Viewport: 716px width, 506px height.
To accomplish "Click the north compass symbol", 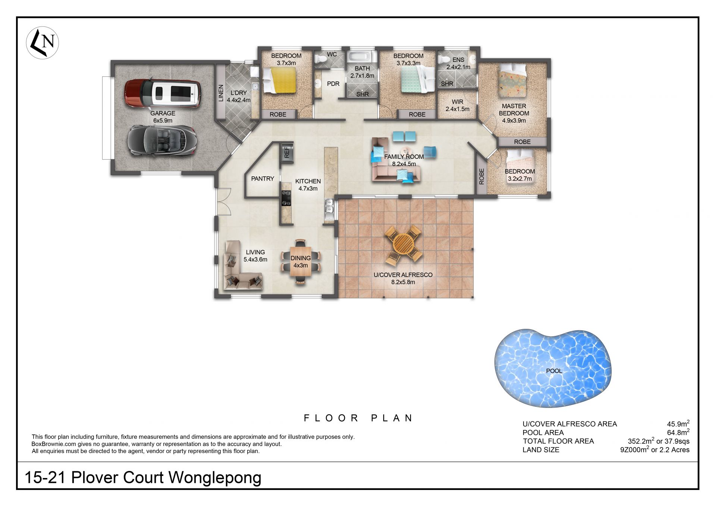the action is [x=43, y=43].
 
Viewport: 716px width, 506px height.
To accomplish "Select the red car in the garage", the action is [x=162, y=93].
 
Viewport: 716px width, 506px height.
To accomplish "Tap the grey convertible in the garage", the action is [x=161, y=142].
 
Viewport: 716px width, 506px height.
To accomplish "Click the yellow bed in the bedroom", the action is [x=279, y=80].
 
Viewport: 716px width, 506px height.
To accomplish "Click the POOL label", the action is [x=554, y=371].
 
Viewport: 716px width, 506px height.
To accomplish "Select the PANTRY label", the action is [x=263, y=179].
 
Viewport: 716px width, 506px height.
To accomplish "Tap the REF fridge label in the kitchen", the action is [x=287, y=152].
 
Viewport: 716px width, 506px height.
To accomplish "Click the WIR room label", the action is [x=458, y=102].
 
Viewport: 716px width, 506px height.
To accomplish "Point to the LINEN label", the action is [x=221, y=93].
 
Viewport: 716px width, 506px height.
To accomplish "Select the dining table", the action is [x=301, y=262].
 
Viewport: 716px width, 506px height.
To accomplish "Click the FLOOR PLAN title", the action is [x=358, y=418].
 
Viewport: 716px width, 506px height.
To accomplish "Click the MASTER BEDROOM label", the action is [x=514, y=110].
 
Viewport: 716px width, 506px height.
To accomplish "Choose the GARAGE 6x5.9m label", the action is [x=163, y=117].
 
